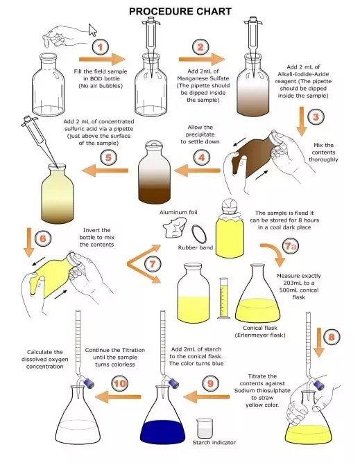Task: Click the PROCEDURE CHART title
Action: tap(180, 12)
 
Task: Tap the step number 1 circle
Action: tap(101, 47)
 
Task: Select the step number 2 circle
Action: tap(201, 47)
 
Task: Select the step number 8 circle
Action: tap(332, 337)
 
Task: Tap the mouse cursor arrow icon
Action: tap(93, 30)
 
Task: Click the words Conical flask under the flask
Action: tap(261, 328)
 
